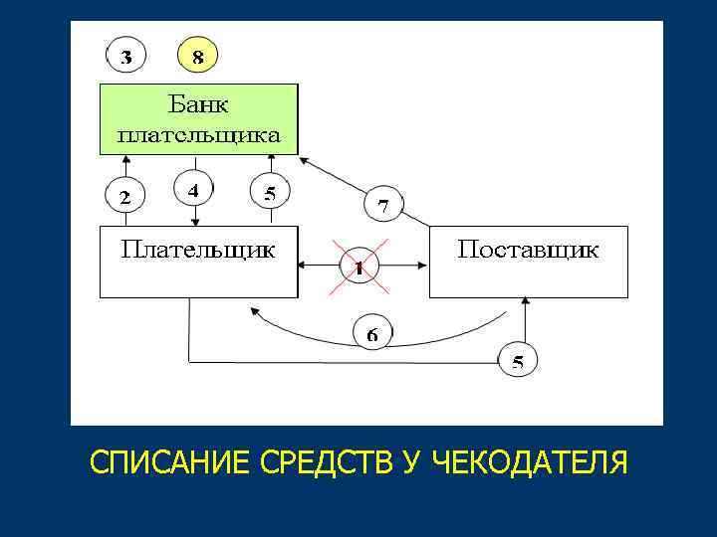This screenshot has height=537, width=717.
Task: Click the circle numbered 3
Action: click(x=126, y=57)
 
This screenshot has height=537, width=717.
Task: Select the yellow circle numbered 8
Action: click(x=198, y=57)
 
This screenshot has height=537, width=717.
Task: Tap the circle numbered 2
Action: click(x=125, y=197)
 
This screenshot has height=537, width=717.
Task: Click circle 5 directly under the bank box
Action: click(x=269, y=193)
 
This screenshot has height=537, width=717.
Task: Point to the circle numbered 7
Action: click(x=383, y=206)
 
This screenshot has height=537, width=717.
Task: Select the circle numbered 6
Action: click(x=371, y=332)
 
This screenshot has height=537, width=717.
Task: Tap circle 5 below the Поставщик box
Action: click(x=517, y=362)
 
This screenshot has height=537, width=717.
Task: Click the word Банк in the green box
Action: click(x=199, y=103)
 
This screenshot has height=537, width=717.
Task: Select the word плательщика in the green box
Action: click(x=199, y=133)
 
